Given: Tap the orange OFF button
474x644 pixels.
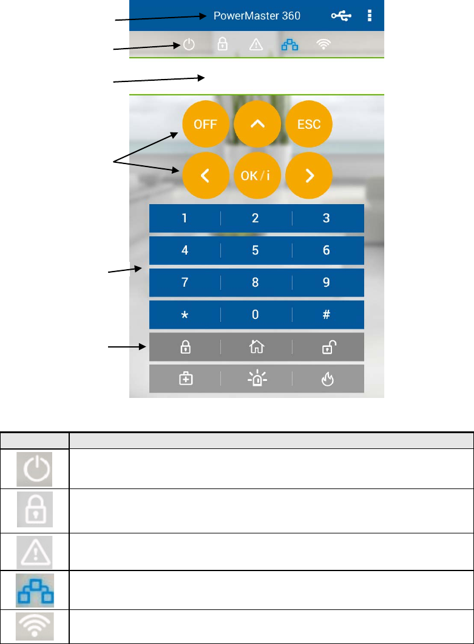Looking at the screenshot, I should [x=205, y=124].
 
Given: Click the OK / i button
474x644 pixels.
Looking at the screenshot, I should [x=257, y=176].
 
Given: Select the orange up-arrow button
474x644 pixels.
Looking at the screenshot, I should [x=257, y=124].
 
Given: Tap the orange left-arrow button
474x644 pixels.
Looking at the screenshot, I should [x=205, y=176].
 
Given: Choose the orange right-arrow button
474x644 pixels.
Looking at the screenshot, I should [x=309, y=176].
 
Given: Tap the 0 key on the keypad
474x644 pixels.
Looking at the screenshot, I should [x=256, y=315].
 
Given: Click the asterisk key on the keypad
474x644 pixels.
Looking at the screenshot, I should [x=185, y=315].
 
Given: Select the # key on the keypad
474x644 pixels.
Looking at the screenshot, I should [x=327, y=315].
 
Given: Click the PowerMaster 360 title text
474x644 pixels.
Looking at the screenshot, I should [x=257, y=15].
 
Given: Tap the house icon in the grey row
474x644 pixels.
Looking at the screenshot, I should [x=256, y=347].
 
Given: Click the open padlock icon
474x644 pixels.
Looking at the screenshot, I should [x=327, y=347].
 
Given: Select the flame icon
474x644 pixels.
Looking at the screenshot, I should [x=327, y=379].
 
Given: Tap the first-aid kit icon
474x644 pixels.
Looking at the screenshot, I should [x=185, y=379].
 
